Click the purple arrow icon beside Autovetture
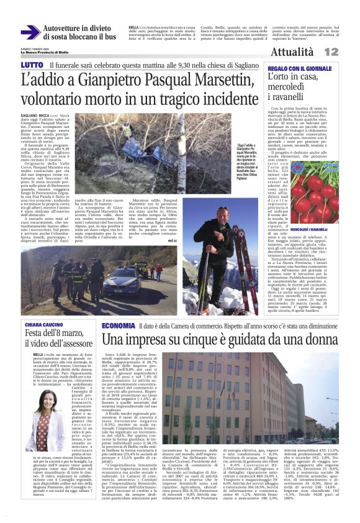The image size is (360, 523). point(30,32)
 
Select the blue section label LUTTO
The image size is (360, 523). point(32,65)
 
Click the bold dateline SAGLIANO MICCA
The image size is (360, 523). point(35,116)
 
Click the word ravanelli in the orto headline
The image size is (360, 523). point(287,96)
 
